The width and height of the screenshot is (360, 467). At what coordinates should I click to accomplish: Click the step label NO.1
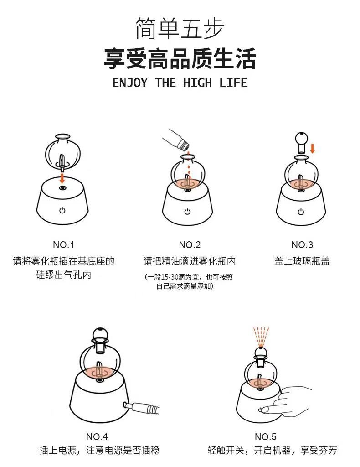(63, 245)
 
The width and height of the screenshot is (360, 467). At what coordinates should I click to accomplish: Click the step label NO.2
(190, 245)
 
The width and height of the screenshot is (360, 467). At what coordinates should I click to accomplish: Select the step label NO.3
(302, 245)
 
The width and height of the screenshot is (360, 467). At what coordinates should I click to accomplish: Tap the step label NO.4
(97, 436)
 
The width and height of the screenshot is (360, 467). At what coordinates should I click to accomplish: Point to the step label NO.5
(265, 436)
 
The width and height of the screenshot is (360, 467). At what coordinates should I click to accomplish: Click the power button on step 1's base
(62, 210)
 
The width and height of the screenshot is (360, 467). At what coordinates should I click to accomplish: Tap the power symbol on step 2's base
(187, 212)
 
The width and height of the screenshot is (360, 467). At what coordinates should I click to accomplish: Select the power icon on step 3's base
(301, 212)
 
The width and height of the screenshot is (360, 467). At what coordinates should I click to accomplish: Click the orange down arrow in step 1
(62, 178)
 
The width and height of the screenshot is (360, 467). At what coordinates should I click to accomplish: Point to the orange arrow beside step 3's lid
(313, 148)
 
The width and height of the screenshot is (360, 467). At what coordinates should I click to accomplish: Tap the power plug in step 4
(141, 407)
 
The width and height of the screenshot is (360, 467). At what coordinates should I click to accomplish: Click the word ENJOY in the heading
(130, 83)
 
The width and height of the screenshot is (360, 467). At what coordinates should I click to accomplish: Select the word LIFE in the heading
(233, 83)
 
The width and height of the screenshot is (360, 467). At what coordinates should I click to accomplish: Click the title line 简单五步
(180, 28)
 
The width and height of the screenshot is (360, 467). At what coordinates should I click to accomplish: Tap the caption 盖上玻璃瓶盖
(302, 261)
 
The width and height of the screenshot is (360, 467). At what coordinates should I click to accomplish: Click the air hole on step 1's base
(62, 187)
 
